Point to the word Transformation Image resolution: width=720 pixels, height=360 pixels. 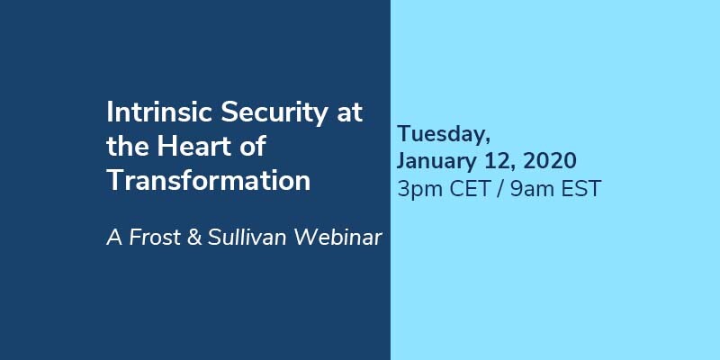(x=209, y=181)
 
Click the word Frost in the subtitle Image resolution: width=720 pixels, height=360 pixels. (x=155, y=238)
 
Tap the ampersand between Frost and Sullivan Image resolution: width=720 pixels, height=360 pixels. (x=194, y=238)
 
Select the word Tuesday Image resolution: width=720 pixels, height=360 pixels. (x=444, y=134)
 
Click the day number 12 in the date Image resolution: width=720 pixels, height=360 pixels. (x=494, y=162)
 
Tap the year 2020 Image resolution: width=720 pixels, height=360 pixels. (x=550, y=161)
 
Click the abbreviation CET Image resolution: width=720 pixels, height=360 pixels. (x=470, y=189)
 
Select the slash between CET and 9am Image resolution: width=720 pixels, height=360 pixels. (x=500, y=189)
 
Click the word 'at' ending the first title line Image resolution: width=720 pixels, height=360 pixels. (x=350, y=113)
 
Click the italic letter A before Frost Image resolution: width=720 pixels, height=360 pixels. (x=114, y=238)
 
